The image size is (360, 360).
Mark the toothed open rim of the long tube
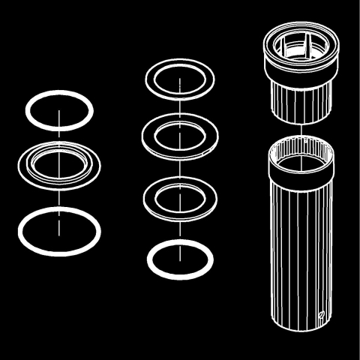[301, 151]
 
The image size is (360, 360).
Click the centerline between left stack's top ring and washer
[59, 135]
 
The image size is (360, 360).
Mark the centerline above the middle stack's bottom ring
[181, 229]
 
